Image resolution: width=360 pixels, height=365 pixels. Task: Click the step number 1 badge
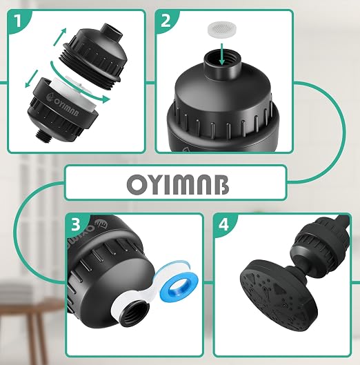pyautogui.click(x=17, y=21)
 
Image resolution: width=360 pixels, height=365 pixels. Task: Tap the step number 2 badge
pyautogui.click(x=166, y=21)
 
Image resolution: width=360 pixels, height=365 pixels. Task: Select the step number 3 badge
pyautogui.click(x=76, y=225)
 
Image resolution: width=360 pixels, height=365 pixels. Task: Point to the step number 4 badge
pyautogui.click(x=223, y=225)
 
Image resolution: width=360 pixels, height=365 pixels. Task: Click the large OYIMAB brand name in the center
pyautogui.click(x=178, y=185)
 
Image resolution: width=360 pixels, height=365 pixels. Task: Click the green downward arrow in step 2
pyautogui.click(x=222, y=54)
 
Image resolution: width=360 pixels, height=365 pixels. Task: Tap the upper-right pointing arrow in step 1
pyautogui.click(x=60, y=36)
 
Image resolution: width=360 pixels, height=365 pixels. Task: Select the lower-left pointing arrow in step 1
pyautogui.click(x=31, y=79)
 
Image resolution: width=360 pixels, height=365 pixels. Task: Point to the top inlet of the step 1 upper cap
pyautogui.click(x=113, y=31)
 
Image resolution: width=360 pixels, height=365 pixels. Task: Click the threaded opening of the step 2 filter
pyautogui.click(x=221, y=61)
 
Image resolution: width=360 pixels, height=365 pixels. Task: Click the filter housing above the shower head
pyautogui.click(x=322, y=240)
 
